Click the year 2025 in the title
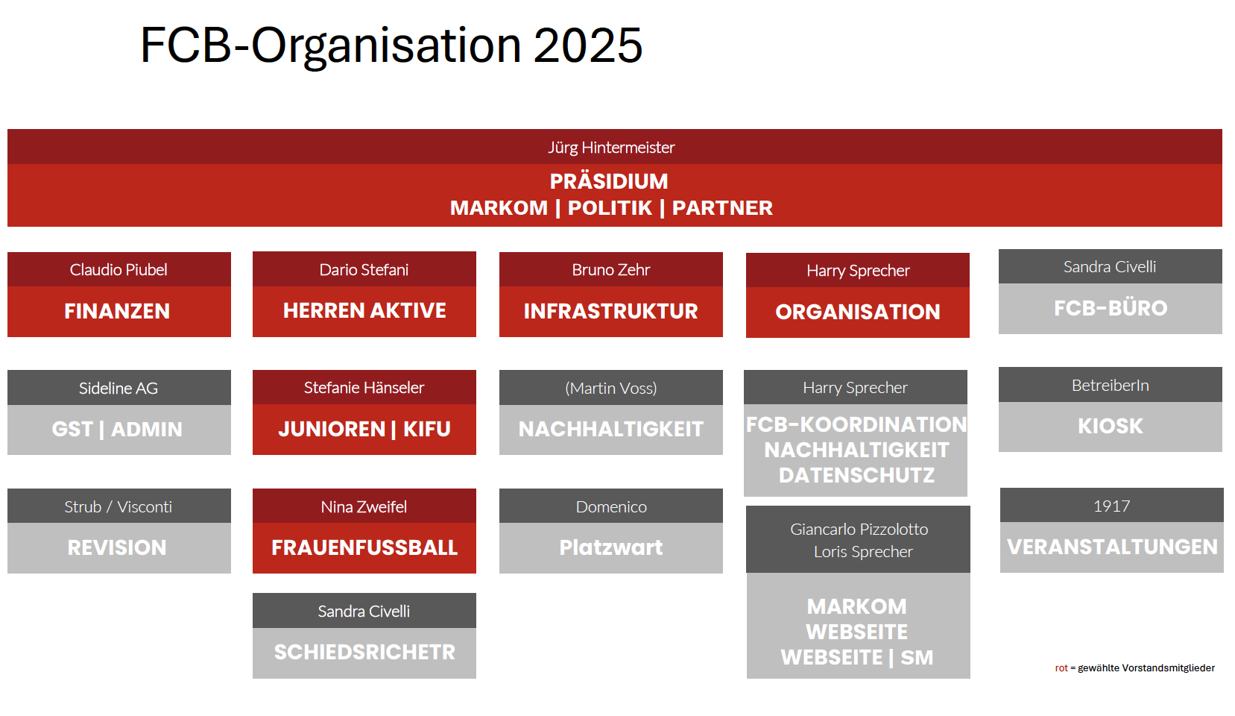coord(588,45)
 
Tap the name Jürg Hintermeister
coord(611,147)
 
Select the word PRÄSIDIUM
coord(609,181)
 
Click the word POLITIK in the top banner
coord(610,208)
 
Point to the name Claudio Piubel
coord(118,270)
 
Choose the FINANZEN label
coord(117,311)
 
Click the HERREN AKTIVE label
coord(364,310)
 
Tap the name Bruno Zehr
coord(611,270)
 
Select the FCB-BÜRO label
coord(1111,308)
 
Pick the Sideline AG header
coord(118,389)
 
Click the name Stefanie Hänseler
coord(364,388)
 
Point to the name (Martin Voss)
coord(611,389)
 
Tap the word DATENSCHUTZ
coord(857,476)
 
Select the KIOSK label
coord(1111,427)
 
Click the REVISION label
coord(117,547)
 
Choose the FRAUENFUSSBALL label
coord(364,547)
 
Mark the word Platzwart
coord(611,547)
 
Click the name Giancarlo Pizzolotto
coord(859,530)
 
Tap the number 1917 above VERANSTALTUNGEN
coord(1111,506)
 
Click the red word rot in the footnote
coord(1061,668)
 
